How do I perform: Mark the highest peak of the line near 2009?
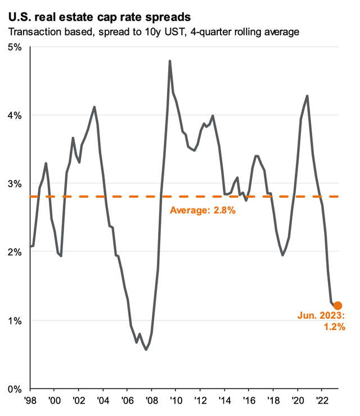pyautogui.click(x=170, y=61)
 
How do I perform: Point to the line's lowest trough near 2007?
pyautogui.click(x=146, y=350)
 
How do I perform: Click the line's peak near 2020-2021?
pyautogui.click(x=307, y=96)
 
